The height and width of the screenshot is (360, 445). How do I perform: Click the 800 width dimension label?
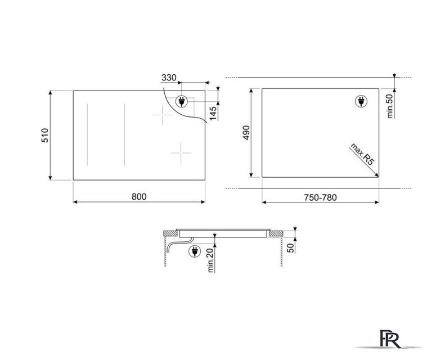point(139,197)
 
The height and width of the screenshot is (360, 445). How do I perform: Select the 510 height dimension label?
point(45,136)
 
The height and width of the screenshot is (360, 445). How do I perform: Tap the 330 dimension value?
point(169,78)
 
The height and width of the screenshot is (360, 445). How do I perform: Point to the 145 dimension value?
point(213,113)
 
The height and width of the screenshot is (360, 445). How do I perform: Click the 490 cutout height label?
point(246,133)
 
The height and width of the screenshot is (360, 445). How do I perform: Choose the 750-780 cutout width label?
point(321,197)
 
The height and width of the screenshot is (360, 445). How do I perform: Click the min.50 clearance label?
point(390,106)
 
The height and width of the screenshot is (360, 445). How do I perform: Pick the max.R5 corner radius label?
point(362,154)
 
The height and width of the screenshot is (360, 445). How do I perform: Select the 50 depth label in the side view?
point(291,248)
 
